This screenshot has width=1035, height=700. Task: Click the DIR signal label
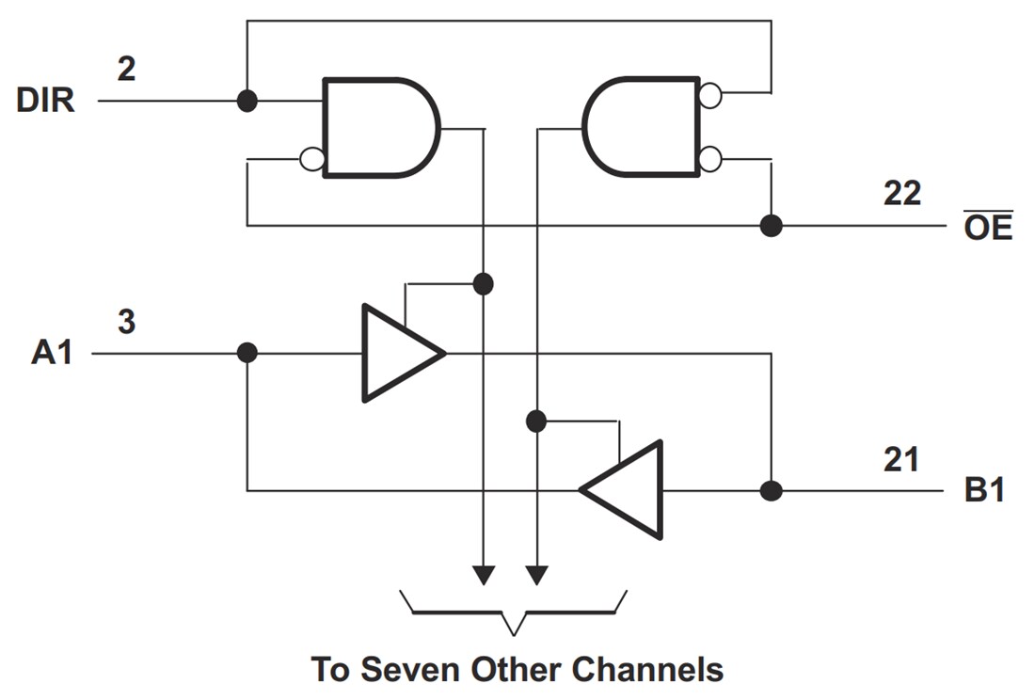(45, 101)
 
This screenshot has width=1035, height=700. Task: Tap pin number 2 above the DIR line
(126, 68)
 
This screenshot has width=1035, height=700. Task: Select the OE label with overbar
(988, 226)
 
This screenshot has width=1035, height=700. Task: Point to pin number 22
(901, 194)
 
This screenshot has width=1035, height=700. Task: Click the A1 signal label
(52, 354)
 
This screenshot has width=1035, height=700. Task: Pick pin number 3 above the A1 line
(126, 322)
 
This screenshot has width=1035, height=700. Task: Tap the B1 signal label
(984, 491)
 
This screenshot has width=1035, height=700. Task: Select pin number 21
(901, 460)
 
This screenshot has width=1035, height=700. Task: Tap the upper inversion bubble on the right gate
(710, 94)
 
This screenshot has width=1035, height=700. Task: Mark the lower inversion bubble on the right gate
(710, 159)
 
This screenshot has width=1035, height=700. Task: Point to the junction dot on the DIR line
(247, 101)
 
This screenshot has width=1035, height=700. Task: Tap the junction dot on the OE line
(771, 226)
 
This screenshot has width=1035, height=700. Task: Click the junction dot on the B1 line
(771, 490)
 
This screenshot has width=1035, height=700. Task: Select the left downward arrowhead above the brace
(483, 574)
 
